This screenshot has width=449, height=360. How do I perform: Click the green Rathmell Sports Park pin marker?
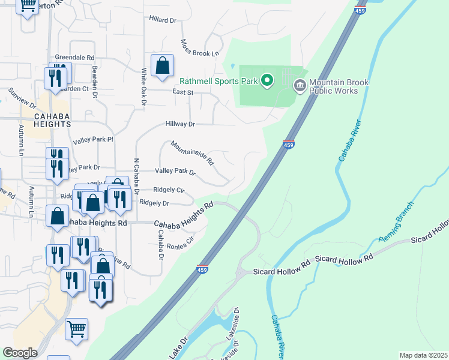268,80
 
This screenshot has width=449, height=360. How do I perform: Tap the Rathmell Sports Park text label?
218,80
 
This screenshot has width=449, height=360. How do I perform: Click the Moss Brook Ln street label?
200,49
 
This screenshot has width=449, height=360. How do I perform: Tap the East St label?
182,92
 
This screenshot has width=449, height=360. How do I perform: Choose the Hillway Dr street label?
181,124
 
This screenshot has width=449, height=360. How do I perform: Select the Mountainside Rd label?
192,152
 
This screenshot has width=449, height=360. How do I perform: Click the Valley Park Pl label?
93,140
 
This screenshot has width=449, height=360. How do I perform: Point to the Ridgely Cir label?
169,190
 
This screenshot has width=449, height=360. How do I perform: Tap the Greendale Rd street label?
75,57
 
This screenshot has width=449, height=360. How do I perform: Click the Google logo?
20,353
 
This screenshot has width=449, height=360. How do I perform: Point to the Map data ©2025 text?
423,355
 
